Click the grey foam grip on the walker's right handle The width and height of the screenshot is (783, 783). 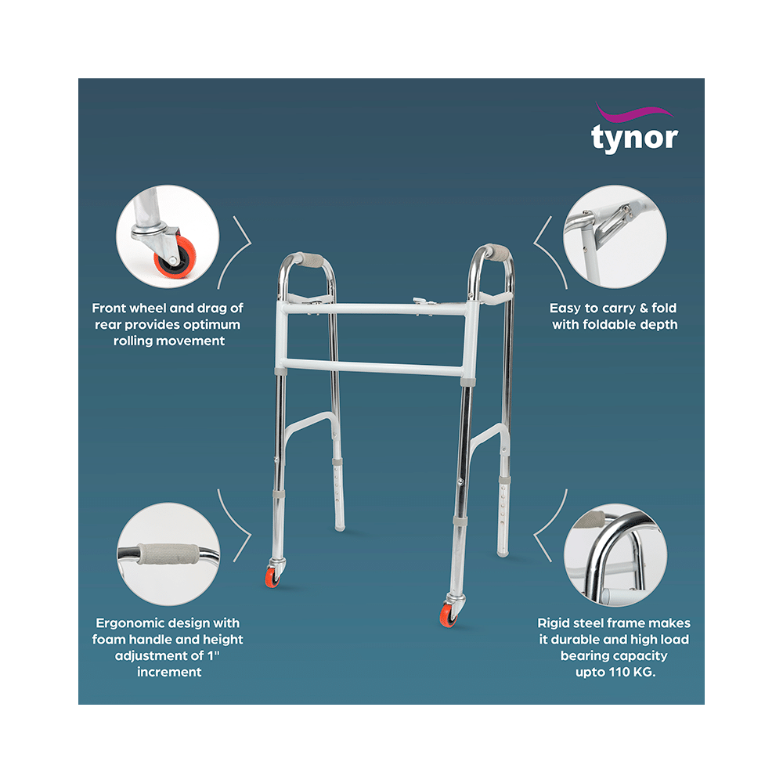493,253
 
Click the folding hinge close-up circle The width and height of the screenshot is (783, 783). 614,236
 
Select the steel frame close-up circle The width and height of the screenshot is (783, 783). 615,554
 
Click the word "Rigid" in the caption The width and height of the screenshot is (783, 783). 553,623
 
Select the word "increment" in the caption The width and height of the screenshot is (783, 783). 169,672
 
